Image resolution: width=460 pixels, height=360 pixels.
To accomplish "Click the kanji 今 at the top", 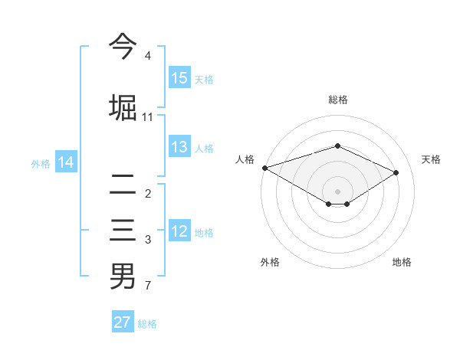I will click(x=123, y=46).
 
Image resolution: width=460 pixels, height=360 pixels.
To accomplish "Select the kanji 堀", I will click(x=123, y=106).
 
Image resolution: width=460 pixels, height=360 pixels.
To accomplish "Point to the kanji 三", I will click(x=123, y=231).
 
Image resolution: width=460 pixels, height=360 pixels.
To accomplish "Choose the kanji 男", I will click(x=123, y=276).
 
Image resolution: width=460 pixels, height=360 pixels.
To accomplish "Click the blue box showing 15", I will click(x=179, y=78).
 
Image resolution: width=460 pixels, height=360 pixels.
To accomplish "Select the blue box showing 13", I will click(x=179, y=148).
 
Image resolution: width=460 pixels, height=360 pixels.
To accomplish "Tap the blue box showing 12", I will click(x=179, y=232).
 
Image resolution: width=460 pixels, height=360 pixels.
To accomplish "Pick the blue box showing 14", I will click(x=66, y=162).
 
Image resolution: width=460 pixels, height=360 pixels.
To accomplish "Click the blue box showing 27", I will click(x=123, y=322).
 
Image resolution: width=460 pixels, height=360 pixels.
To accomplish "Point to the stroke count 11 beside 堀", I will click(x=147, y=117).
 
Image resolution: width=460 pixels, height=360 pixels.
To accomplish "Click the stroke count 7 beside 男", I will click(x=147, y=286).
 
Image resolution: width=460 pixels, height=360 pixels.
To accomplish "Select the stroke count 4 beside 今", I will click(x=147, y=57).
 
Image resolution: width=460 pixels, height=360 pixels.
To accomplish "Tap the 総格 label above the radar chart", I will click(x=337, y=100).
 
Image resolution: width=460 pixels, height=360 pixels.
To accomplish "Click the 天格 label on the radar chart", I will click(x=431, y=159).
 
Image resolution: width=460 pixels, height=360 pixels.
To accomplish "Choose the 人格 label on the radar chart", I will click(x=245, y=159).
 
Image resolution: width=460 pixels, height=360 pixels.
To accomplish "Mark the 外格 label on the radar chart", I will click(x=270, y=262).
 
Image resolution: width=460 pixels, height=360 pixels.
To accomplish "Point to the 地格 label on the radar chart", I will click(x=402, y=262).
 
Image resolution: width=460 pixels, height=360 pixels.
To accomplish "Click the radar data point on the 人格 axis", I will click(x=264, y=167).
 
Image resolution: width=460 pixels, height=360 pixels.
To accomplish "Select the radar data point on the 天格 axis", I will click(x=396, y=172).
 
